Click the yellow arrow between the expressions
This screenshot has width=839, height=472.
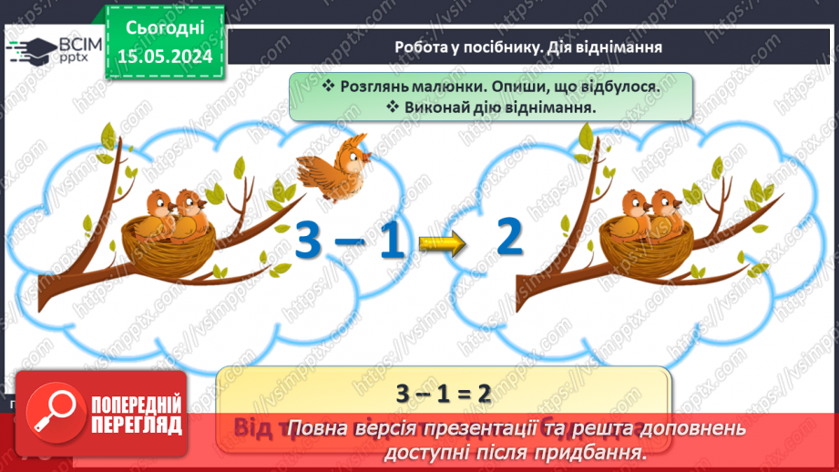(442, 242)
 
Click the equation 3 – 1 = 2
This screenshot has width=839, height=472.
(444, 393)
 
